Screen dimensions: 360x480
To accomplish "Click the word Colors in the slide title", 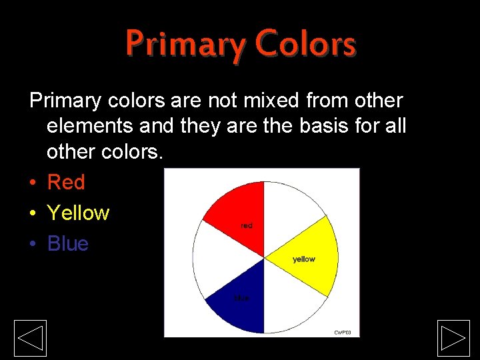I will (x=306, y=45).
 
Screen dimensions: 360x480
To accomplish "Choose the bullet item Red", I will (x=66, y=182).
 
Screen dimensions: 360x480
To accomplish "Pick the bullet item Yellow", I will (x=78, y=213).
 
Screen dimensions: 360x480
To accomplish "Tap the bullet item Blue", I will (x=68, y=243).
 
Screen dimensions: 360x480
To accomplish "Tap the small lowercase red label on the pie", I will (x=247, y=226).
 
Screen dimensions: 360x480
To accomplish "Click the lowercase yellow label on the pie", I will (x=304, y=259).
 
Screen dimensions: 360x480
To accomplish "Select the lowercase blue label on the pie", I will (x=241, y=298).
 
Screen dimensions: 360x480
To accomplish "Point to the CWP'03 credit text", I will (x=342, y=332).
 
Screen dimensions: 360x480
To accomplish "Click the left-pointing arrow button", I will (x=31, y=338).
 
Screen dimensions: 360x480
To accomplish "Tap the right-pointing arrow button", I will (x=454, y=338).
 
